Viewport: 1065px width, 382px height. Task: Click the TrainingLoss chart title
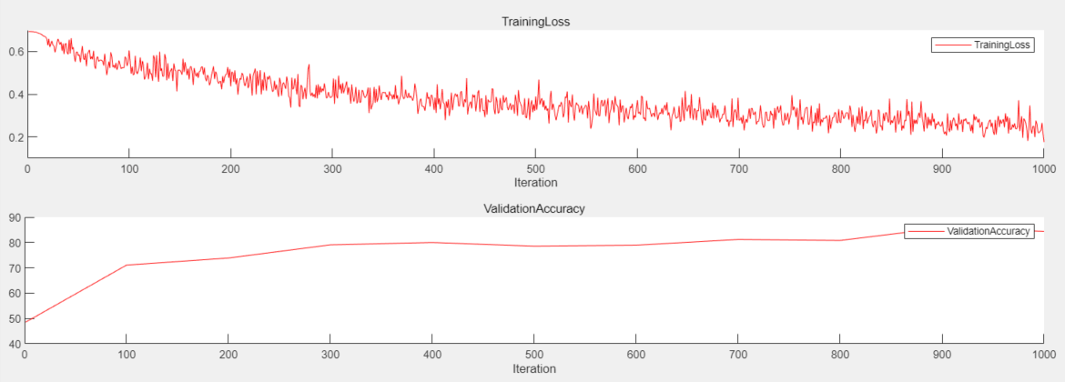(x=535, y=22)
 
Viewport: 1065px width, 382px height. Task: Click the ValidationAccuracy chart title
(x=535, y=208)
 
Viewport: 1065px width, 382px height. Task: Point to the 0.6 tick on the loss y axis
(x=15, y=52)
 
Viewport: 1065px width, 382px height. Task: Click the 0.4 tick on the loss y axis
(x=15, y=95)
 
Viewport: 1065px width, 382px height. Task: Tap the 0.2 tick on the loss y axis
(x=15, y=137)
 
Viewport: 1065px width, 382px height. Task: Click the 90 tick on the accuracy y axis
(x=15, y=217)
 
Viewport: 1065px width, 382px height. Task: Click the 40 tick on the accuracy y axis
(x=15, y=344)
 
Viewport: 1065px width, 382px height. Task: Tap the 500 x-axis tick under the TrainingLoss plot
(x=535, y=169)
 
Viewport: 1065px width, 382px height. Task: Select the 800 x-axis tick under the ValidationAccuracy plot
(x=839, y=356)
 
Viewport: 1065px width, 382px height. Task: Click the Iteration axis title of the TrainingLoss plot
(x=535, y=183)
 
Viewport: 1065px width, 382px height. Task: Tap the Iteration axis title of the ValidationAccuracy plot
(x=535, y=369)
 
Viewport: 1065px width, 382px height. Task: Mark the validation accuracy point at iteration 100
(x=127, y=265)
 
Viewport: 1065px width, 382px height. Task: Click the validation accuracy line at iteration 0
(x=26, y=321)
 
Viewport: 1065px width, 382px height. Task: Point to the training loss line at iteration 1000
(x=1043, y=141)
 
